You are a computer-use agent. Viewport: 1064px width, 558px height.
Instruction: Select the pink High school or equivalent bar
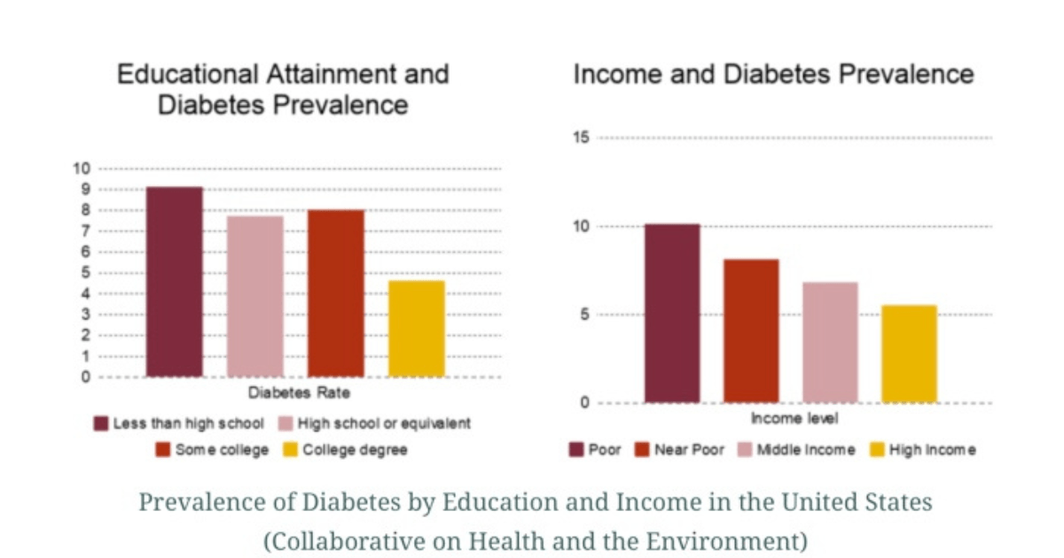coord(255,296)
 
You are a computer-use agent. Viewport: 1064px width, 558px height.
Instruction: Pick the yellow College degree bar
coord(417,329)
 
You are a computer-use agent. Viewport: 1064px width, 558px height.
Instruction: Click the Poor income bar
coord(672,314)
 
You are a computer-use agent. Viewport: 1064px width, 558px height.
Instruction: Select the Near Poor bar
coord(751,331)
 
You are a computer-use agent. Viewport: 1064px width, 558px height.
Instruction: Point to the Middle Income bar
coord(830,343)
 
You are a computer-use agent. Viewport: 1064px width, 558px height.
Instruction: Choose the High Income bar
coord(909,354)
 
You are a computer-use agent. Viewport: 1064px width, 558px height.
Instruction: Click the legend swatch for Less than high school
coord(101,423)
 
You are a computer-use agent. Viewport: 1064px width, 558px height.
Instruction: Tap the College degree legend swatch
coord(288,450)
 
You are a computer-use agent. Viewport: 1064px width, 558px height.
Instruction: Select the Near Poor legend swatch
coord(643,450)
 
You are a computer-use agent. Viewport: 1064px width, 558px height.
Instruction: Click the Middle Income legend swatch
coord(745,450)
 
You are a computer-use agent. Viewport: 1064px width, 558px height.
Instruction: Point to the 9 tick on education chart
coord(84,190)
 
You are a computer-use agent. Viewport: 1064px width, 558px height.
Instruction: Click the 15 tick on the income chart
coord(581,137)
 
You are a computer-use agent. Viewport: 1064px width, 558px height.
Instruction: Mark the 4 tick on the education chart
coord(84,294)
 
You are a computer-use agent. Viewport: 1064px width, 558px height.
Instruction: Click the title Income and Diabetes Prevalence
coord(773,74)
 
